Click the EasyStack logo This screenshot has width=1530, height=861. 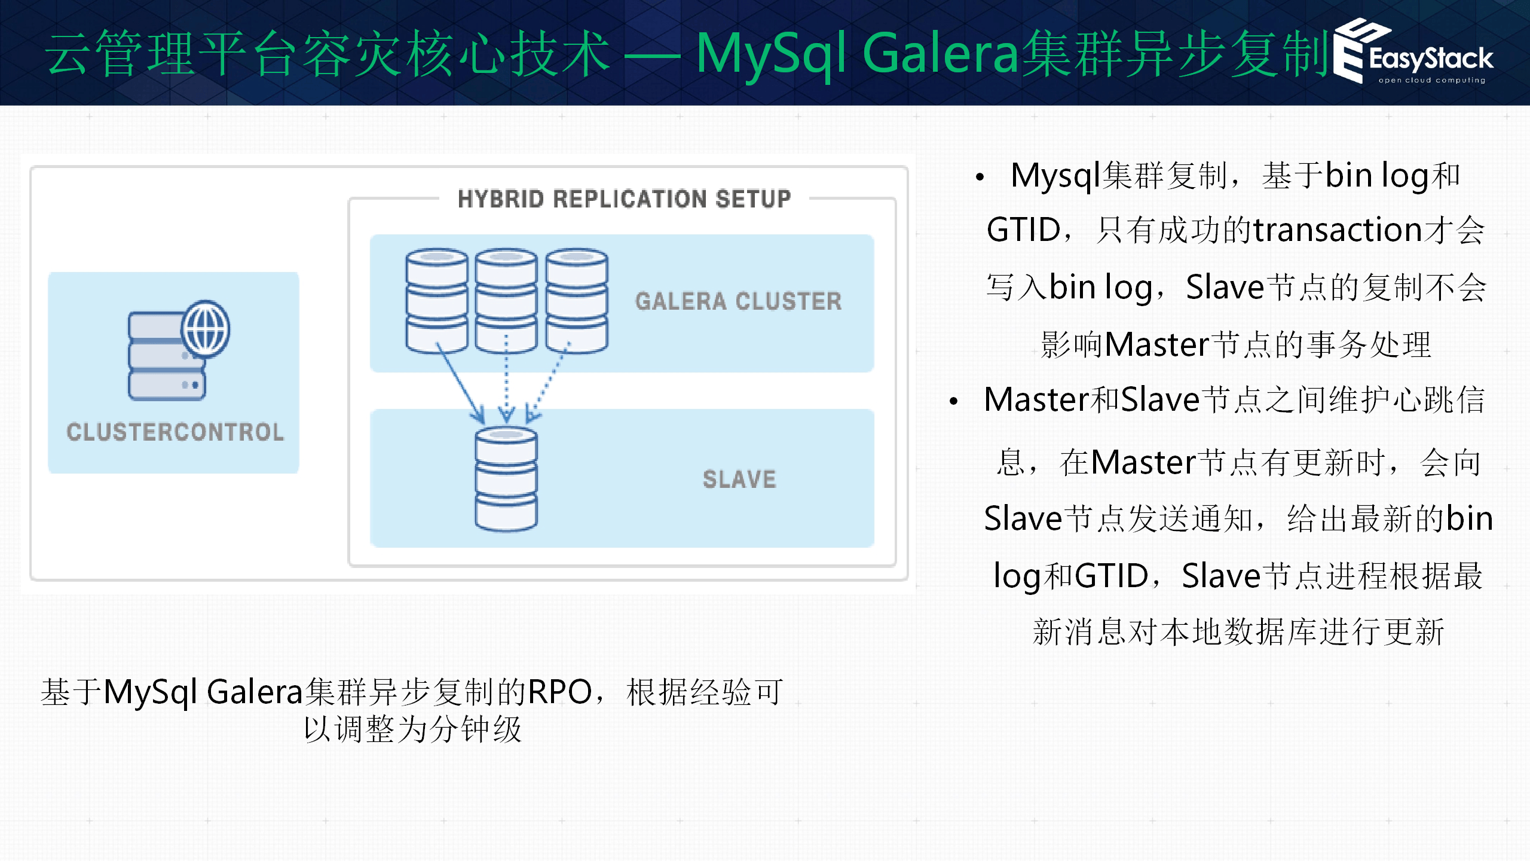(1414, 53)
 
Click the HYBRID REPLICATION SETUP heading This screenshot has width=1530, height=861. (624, 199)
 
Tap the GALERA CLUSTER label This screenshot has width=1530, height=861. (738, 301)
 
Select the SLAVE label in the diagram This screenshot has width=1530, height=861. (739, 480)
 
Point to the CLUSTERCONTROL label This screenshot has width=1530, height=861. (175, 432)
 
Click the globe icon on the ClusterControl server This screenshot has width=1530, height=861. (206, 329)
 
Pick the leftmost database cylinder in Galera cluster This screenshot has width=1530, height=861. (436, 300)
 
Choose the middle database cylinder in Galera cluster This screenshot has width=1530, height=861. (506, 300)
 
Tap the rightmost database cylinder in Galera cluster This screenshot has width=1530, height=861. (576, 300)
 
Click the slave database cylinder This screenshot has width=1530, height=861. (506, 478)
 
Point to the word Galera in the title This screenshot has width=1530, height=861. (941, 54)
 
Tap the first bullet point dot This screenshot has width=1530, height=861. (980, 177)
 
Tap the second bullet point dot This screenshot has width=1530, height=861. (954, 401)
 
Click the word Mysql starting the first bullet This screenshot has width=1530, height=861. (1055, 176)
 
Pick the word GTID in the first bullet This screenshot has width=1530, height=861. (1023, 230)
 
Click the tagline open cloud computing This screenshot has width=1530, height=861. (1431, 80)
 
